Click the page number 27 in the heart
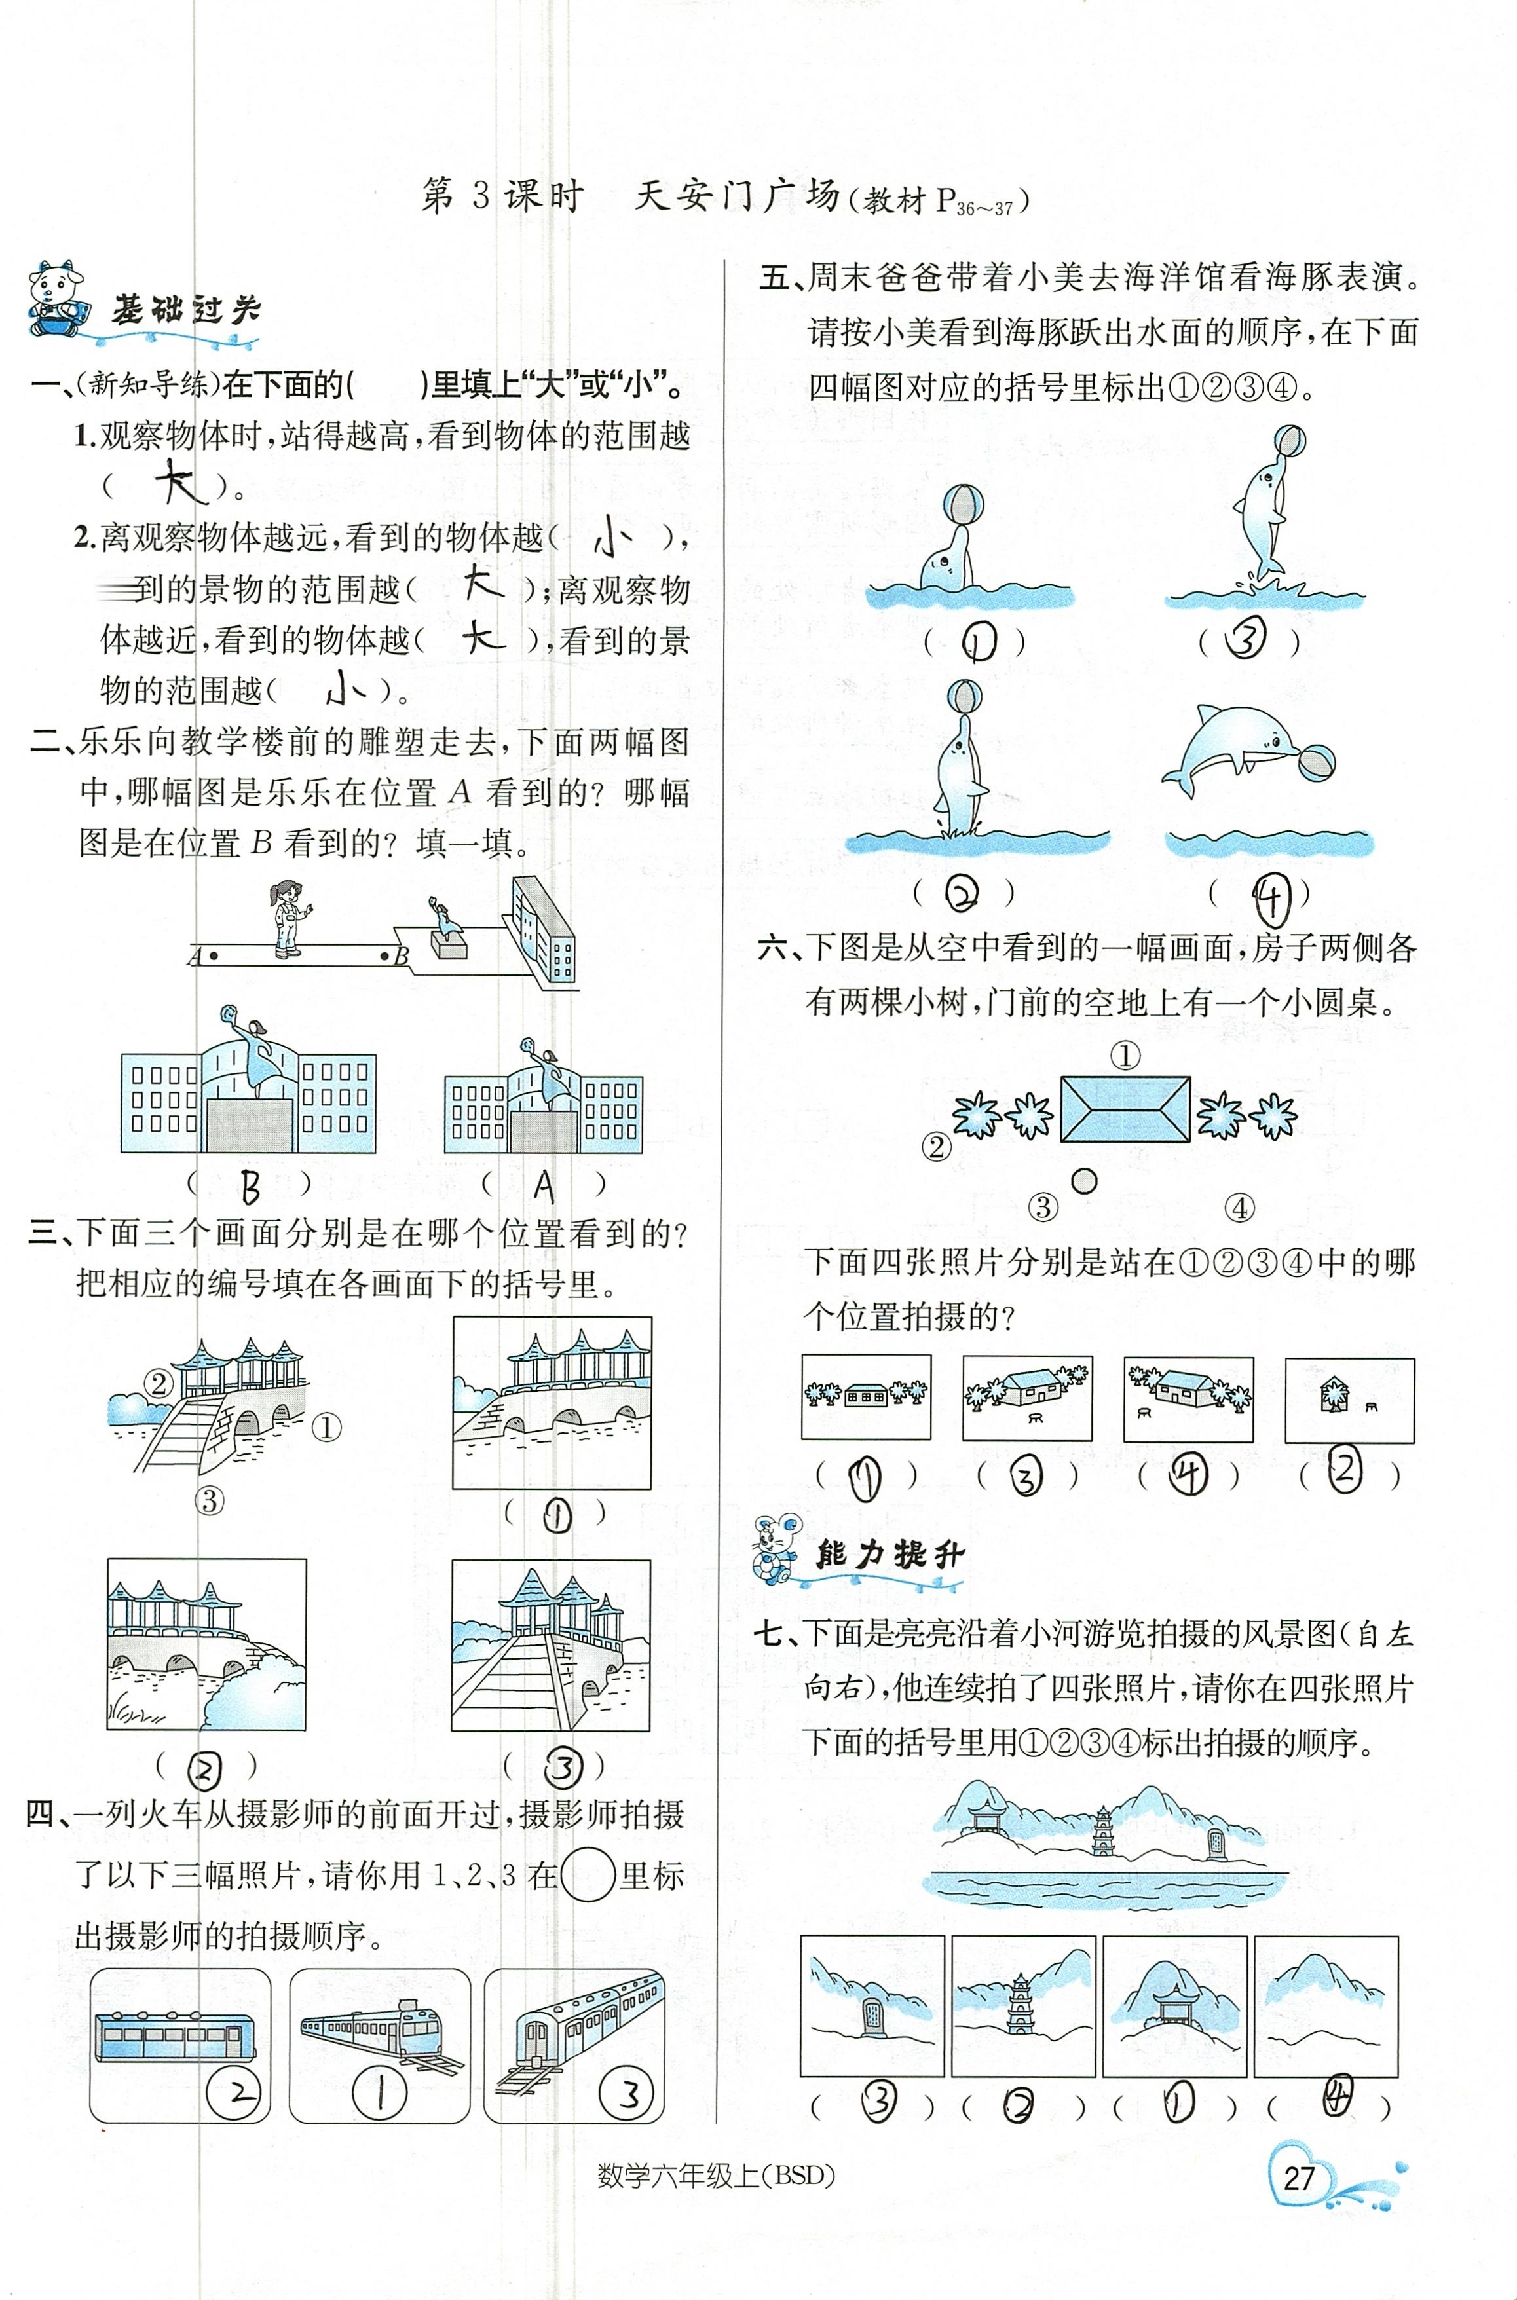[x=1298, y=2178]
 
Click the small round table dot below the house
[x=1085, y=1180]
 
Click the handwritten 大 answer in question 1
[x=182, y=481]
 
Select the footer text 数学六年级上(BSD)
[x=716, y=2175]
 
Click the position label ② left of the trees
[x=935, y=1147]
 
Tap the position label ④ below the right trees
[x=1239, y=1207]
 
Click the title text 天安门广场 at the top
[x=736, y=196]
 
